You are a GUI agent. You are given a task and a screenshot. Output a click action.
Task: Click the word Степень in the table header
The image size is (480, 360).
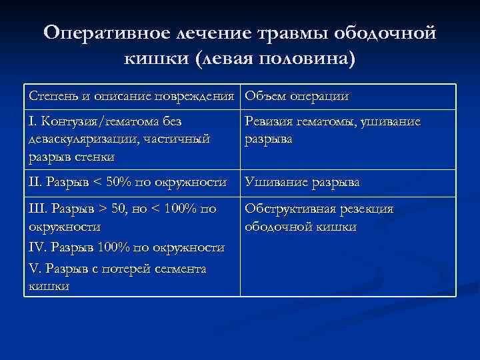(x=51, y=96)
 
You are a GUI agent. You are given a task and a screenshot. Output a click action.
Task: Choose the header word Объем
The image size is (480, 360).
(x=266, y=96)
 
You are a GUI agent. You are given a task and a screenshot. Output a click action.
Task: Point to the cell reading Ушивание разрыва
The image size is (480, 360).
(x=302, y=181)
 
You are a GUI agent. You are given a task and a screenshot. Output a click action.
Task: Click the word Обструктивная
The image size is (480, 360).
(x=288, y=209)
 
